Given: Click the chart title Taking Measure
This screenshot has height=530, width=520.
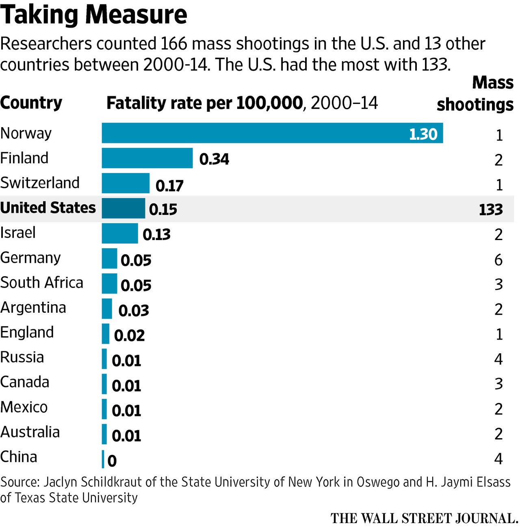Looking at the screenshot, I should [x=93, y=15].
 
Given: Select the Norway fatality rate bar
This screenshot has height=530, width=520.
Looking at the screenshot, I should [x=272, y=133].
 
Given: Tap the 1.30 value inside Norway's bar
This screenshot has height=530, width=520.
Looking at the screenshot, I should [x=423, y=134].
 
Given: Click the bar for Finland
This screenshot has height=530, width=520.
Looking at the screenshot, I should [x=147, y=158].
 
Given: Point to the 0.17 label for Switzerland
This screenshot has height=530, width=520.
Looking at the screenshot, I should [x=169, y=186].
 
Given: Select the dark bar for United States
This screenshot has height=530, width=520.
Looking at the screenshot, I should [x=123, y=208].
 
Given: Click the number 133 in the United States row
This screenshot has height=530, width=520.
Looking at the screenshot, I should [x=491, y=210].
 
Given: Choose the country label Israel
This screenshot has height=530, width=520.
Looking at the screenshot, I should [x=18, y=233].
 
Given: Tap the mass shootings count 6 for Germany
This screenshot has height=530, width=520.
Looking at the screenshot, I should [x=498, y=260].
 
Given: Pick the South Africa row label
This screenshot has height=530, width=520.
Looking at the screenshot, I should [x=41, y=283].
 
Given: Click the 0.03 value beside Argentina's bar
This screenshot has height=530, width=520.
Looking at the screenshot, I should [x=134, y=311].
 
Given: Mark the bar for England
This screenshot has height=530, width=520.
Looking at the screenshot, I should [x=106, y=333].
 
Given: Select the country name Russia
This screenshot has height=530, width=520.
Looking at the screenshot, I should [x=22, y=357].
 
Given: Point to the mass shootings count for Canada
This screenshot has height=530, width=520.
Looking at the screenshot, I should [x=498, y=384].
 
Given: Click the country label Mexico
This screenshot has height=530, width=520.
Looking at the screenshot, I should [x=24, y=407].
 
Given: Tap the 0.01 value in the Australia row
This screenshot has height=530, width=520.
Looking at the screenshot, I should [x=126, y=436].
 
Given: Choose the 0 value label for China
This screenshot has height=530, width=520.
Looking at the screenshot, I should [x=112, y=461].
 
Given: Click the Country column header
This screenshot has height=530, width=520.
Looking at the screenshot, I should [x=31, y=103].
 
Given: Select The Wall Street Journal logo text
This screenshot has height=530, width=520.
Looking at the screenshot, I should [x=424, y=519].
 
